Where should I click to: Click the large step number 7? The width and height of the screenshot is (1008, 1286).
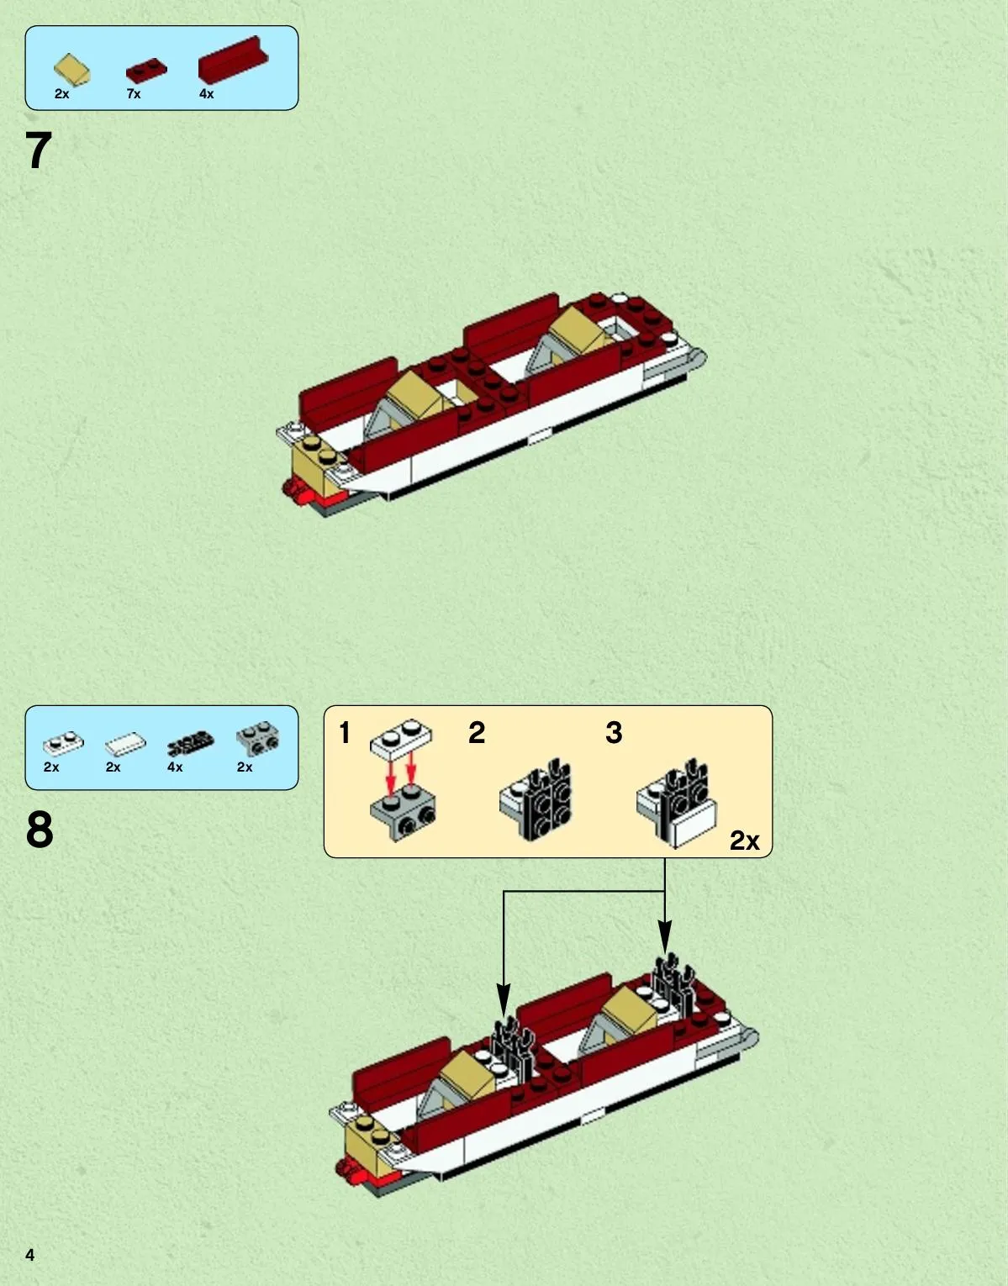tap(39, 150)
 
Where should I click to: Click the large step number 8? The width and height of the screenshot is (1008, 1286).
tap(40, 829)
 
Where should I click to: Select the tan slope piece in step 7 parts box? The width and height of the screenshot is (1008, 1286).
tap(71, 69)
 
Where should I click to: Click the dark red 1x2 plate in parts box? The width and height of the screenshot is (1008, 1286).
tap(146, 70)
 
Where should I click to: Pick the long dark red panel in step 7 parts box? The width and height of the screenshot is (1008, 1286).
tap(233, 59)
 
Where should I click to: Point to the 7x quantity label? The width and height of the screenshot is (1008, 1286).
tap(133, 93)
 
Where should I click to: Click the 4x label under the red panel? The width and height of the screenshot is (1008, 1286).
tap(206, 93)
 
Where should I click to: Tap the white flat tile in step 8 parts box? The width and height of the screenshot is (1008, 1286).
tap(125, 743)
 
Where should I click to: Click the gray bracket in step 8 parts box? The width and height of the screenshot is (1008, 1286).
tap(258, 739)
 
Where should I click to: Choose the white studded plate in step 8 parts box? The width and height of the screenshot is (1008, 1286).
tap(63, 742)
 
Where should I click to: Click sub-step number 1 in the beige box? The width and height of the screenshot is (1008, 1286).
tap(345, 733)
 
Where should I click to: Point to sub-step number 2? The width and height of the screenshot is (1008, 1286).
tap(477, 733)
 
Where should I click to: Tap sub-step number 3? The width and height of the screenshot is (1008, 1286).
tap(614, 733)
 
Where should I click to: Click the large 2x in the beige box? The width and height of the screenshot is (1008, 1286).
tap(744, 841)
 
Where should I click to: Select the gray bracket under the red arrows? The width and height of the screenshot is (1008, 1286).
tap(403, 811)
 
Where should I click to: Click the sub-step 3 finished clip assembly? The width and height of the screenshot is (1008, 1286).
tap(677, 804)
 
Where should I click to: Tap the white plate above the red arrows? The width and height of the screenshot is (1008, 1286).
tap(401, 739)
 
